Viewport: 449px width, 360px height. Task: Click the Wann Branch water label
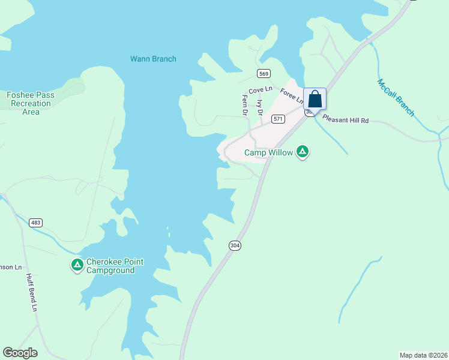(x=153, y=59)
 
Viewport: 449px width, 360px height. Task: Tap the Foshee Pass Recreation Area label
(x=30, y=103)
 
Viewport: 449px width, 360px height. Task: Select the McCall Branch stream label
(x=396, y=98)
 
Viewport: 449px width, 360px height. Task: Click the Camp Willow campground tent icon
(x=303, y=152)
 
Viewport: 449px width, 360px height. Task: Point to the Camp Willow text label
(x=268, y=153)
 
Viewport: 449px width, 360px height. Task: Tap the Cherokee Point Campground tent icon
(x=77, y=265)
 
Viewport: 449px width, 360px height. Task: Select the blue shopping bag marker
(x=315, y=100)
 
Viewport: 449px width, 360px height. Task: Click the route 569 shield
(x=264, y=74)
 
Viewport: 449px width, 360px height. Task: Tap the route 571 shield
(x=277, y=119)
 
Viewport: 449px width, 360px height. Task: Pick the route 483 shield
(x=36, y=223)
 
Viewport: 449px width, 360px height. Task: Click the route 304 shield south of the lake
(x=235, y=246)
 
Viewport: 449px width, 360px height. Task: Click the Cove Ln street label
(x=261, y=90)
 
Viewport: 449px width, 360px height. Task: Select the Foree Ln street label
(x=292, y=97)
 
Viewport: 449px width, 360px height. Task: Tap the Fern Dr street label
(x=245, y=104)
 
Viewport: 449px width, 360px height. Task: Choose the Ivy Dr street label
(x=259, y=107)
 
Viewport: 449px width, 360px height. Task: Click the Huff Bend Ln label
(x=31, y=293)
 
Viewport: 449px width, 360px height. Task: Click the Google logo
(x=20, y=353)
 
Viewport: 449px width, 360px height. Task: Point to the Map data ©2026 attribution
(x=423, y=355)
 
